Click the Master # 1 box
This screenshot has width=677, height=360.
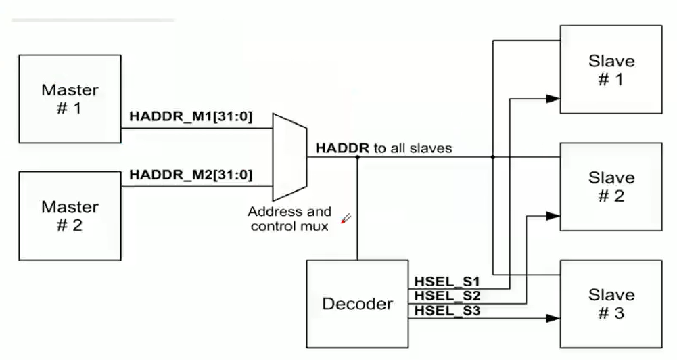70,99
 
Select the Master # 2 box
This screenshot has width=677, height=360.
70,216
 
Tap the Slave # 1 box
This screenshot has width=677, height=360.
611,70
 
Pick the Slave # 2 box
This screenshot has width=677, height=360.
611,187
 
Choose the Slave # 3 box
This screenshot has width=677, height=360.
611,304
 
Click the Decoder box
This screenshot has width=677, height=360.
358,304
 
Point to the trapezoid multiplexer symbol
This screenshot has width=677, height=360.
289,157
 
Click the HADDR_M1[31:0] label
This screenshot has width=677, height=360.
191,116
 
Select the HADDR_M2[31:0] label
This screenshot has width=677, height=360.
191,175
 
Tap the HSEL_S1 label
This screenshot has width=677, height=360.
447,282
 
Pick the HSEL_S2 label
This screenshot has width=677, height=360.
447,296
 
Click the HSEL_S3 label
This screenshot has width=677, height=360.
447,311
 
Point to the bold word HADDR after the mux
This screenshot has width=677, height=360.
342,148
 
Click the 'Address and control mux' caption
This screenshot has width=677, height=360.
289,219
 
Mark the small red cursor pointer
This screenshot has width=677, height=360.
346,219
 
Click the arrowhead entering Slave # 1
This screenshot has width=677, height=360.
553,99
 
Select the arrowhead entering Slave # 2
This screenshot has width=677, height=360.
553,216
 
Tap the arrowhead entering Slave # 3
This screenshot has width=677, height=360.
553,319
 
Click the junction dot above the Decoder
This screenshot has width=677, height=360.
358,157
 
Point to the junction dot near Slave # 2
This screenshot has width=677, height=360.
493,157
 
